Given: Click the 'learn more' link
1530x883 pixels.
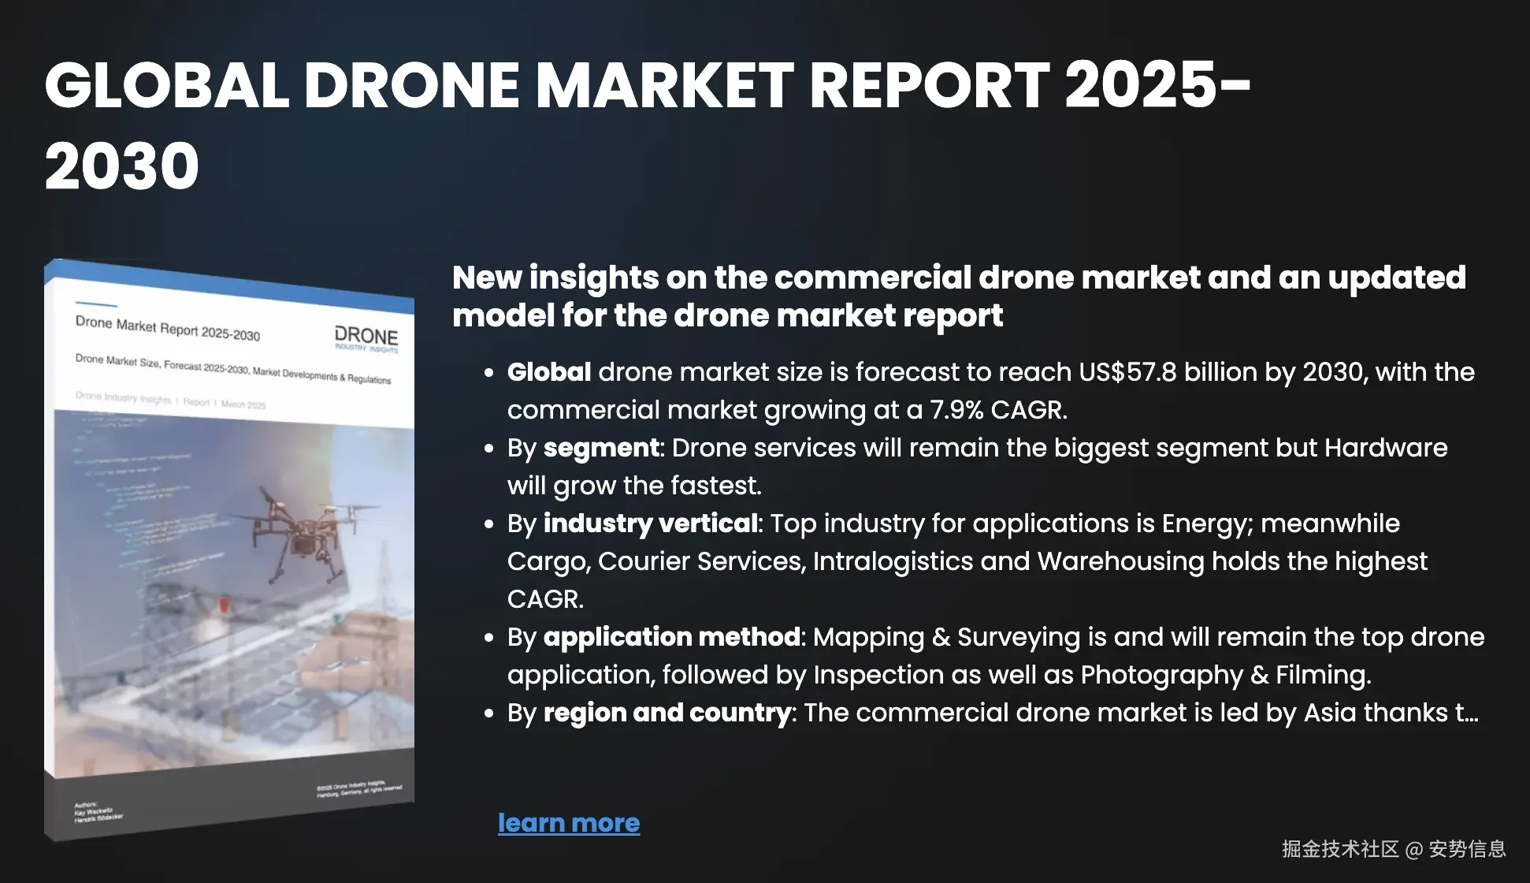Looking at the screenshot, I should tap(569, 822).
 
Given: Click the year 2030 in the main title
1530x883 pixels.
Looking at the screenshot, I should tap(122, 166).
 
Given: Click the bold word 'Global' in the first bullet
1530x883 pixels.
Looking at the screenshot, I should tap(548, 371).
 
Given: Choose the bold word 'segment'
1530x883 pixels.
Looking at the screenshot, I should tap(601, 447).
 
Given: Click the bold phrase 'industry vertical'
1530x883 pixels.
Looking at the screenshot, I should tap(650, 523).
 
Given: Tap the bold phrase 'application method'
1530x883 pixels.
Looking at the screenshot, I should tap(671, 636).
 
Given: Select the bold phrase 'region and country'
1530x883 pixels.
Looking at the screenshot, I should tap(667, 712).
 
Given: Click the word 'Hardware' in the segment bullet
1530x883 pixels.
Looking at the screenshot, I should tap(1386, 447).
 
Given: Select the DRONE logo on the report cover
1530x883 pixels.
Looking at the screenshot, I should tap(366, 337).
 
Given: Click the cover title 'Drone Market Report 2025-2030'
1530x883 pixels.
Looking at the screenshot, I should tap(168, 327).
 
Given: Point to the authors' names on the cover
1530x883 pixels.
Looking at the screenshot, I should tap(98, 814).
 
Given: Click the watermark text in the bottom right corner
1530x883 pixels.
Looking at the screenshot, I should tap(1393, 848).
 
